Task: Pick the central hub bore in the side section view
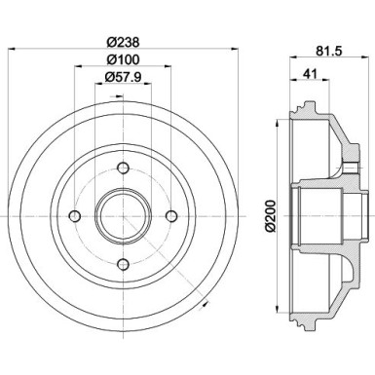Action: pyautogui.click(x=336, y=215)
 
